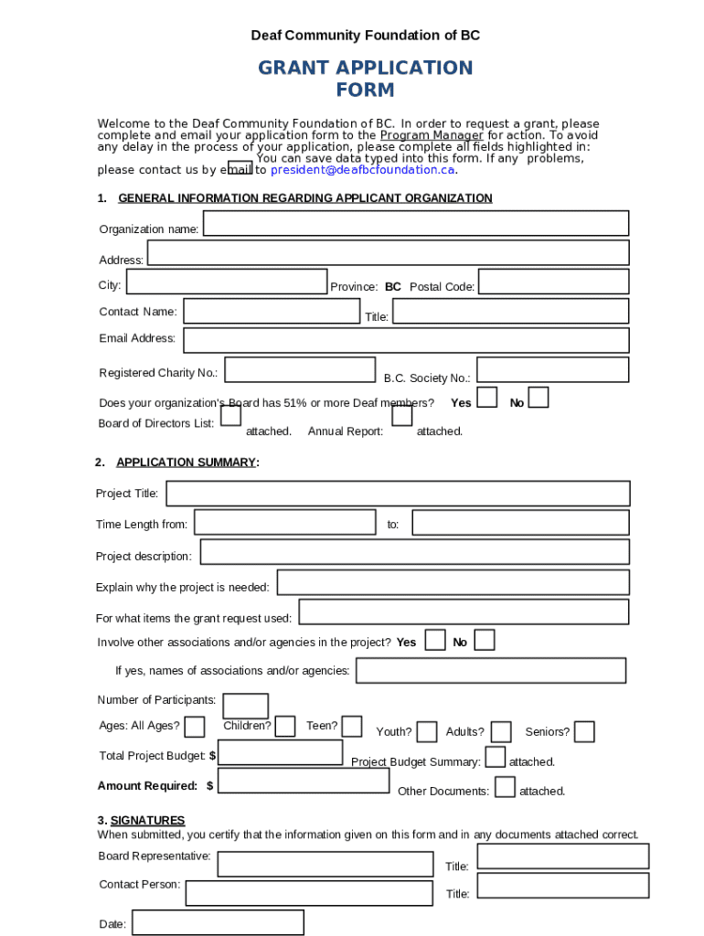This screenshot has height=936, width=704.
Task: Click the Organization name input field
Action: click(416, 223)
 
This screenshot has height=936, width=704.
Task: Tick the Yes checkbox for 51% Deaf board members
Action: click(488, 398)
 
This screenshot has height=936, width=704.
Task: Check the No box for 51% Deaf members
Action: click(539, 398)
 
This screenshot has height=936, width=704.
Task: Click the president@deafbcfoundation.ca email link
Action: click(362, 170)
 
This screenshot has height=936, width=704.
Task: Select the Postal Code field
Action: click(554, 282)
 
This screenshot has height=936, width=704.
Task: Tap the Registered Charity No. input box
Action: click(300, 369)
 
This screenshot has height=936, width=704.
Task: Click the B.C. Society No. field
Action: click(552, 369)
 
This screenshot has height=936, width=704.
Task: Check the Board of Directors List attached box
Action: click(231, 416)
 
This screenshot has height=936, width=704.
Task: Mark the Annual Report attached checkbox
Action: click(401, 416)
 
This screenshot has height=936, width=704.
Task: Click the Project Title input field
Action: click(398, 494)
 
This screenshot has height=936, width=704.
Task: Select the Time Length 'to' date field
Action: click(520, 523)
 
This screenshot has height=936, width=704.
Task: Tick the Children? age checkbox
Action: click(285, 726)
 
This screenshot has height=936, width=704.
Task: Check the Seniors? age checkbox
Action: click(584, 732)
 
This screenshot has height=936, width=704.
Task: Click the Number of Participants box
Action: click(246, 707)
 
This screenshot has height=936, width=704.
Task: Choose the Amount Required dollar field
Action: click(304, 781)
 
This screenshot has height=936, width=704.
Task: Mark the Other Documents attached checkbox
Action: click(505, 787)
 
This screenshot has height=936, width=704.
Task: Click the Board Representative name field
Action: click(325, 864)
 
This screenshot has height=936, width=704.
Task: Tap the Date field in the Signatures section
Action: click(218, 922)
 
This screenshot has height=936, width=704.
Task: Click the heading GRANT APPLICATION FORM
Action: click(365, 79)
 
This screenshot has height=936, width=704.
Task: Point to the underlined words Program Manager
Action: click(432, 135)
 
